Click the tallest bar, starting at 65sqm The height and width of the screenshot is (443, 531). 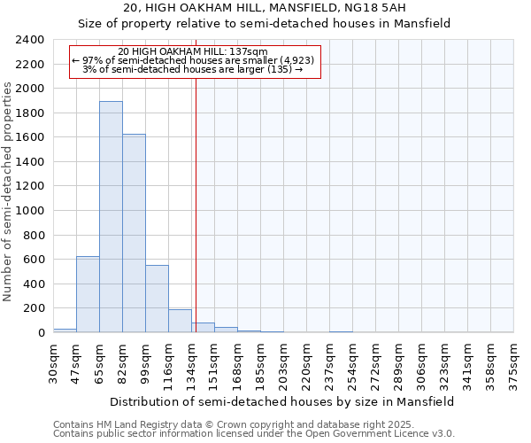[111, 217]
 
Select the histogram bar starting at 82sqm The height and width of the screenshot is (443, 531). [134, 233]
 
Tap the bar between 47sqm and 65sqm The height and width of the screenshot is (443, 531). [88, 294]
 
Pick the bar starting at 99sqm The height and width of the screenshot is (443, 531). [157, 299]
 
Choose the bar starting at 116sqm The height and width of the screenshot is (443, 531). [180, 321]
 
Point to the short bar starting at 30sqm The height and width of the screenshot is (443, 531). [65, 330]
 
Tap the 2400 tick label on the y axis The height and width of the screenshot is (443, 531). [30, 40]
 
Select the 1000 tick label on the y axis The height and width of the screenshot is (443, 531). [30, 211]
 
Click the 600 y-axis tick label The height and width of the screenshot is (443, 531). [34, 260]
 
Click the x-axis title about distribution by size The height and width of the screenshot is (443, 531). [283, 401]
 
